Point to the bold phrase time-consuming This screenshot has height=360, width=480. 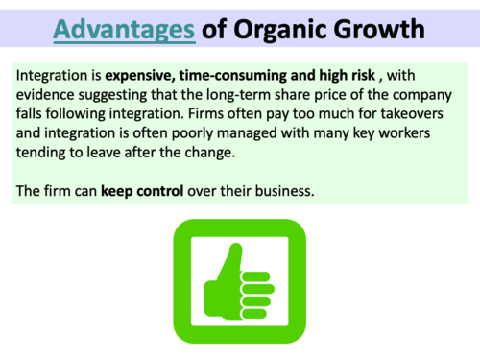tap(239, 74)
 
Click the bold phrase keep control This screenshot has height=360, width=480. tap(144, 190)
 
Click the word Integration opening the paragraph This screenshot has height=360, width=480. tap(56, 74)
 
